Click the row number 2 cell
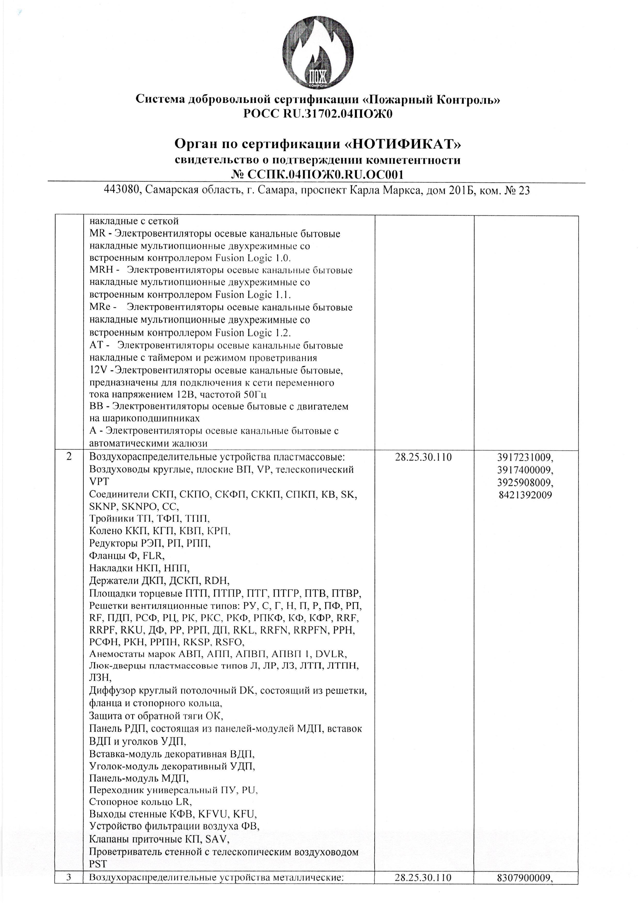(69, 457)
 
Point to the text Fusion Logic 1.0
(253, 259)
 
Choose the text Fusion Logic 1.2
(253, 332)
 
